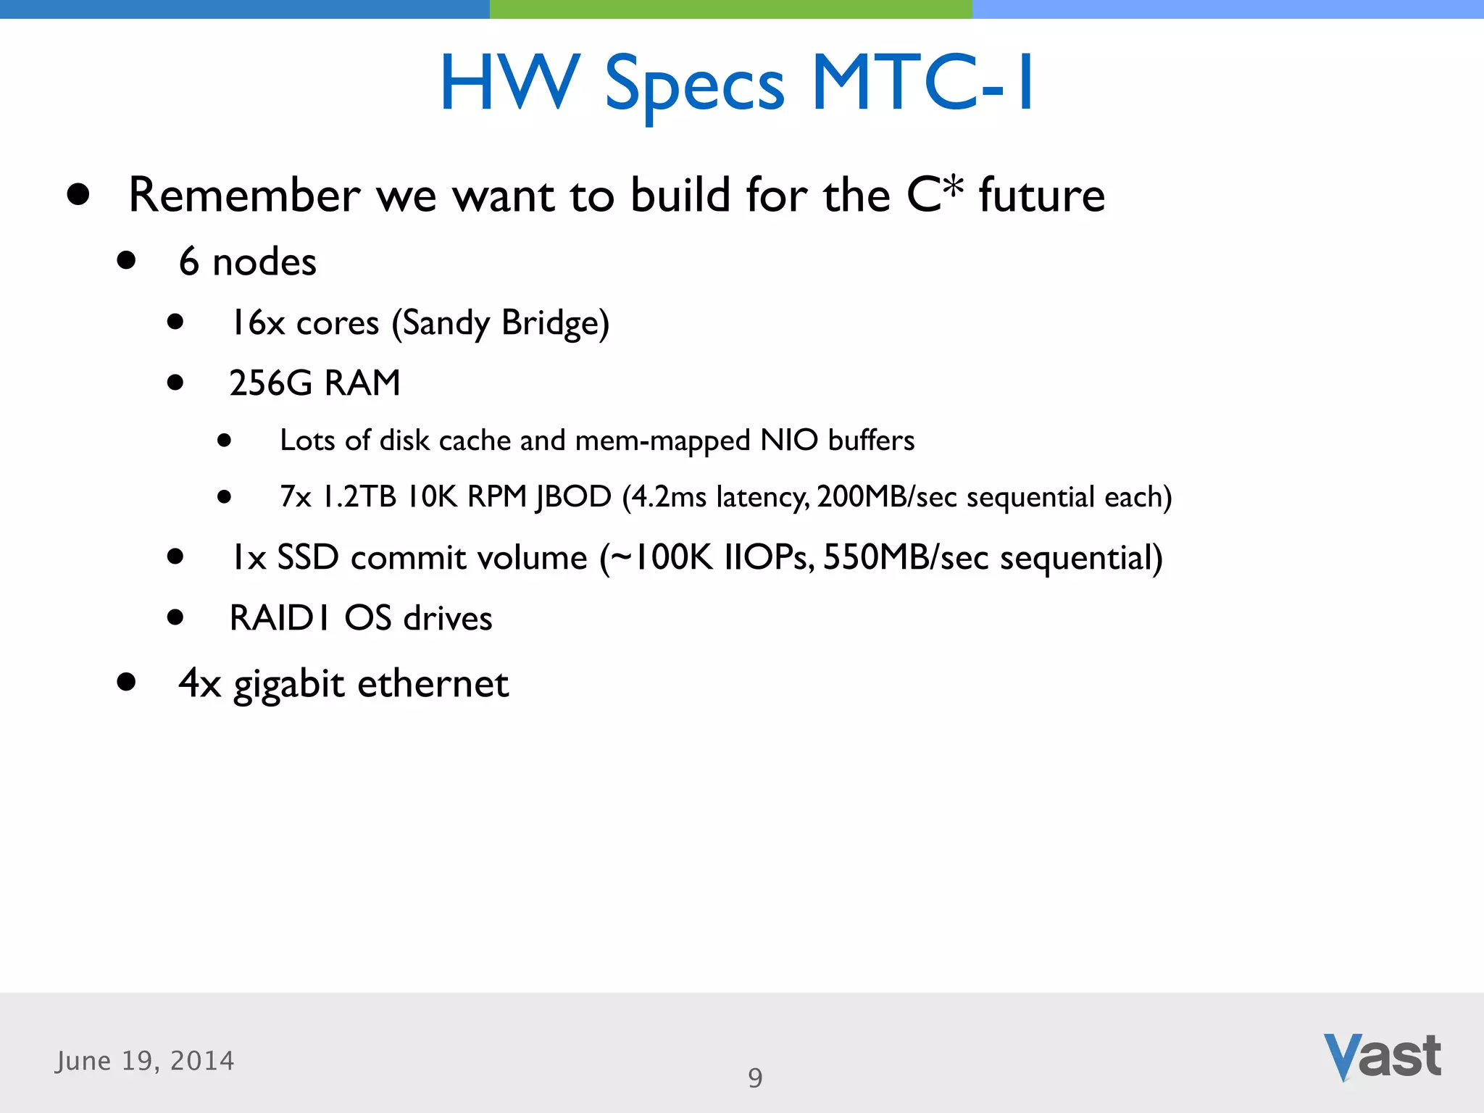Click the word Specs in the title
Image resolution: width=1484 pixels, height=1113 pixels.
point(694,86)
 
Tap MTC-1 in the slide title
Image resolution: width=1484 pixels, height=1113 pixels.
point(922,83)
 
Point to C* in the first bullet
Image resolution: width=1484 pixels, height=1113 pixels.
point(935,193)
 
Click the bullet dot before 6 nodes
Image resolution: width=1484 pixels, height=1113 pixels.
point(126,260)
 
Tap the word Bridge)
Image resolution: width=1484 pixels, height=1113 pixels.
point(555,323)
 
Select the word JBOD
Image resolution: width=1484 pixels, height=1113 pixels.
point(573,497)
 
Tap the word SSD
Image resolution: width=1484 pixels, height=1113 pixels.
point(308,557)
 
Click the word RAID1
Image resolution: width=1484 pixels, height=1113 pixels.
point(280,618)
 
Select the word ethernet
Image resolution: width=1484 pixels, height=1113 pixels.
point(433,683)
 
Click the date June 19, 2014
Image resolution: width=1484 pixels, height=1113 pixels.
point(145,1061)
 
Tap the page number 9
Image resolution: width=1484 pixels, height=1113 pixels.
point(755,1078)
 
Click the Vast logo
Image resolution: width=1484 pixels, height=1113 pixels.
point(1382,1056)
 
